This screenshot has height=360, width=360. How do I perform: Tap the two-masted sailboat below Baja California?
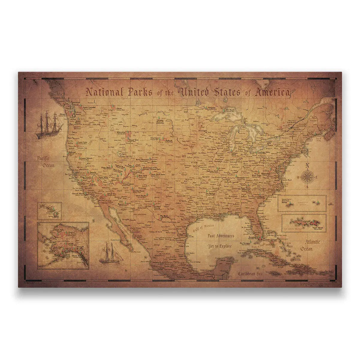pos(111,253)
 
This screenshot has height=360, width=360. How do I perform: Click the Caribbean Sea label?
pos(251,273)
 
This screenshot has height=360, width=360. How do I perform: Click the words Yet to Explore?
pos(220,246)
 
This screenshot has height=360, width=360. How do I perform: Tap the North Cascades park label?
pos(89,107)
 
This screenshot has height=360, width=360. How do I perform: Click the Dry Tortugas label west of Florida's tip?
pos(245,243)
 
